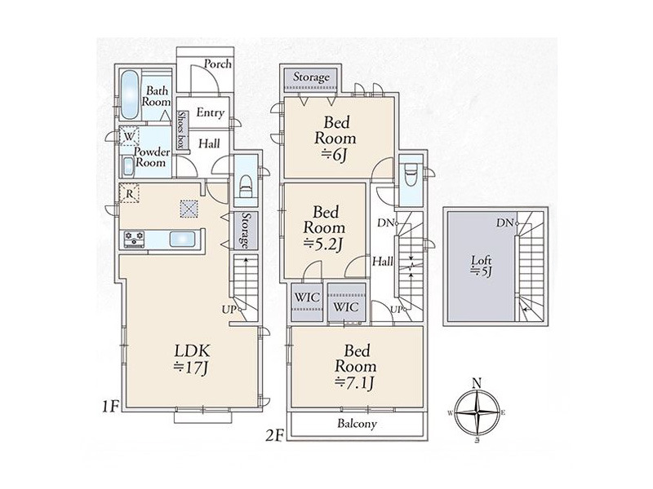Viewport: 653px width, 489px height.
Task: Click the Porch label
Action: coord(217,64)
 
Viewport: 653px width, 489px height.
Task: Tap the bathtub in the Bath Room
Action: coord(130,95)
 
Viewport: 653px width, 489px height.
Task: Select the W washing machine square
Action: coord(129,136)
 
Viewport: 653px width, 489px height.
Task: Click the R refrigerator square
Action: coord(129,193)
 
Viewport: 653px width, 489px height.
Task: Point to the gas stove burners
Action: coord(134,239)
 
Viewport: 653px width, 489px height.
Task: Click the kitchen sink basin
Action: coord(182,240)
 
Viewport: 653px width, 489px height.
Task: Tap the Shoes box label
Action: coord(181,130)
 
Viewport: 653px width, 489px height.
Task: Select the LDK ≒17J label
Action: coord(192,359)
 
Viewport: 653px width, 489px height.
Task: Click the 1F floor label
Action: coord(111,406)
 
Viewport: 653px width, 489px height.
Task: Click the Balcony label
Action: coord(357,424)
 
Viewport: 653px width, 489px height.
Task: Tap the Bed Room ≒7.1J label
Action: coord(356,366)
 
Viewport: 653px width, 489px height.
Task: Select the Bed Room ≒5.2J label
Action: coord(324,228)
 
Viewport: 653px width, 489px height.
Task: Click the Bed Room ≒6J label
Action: coord(335,139)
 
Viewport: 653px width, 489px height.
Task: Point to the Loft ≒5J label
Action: coord(482,267)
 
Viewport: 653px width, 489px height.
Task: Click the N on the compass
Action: coord(478,383)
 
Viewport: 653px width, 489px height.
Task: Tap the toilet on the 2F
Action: coord(411,178)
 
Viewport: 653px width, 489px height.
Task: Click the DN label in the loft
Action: coord(504,222)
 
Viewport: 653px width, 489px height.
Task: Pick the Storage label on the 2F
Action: coord(311,77)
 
